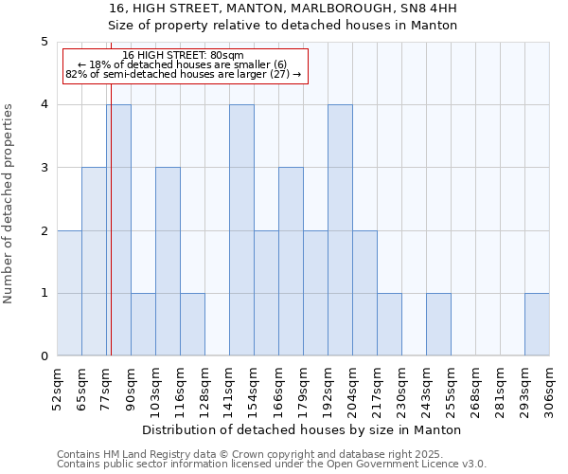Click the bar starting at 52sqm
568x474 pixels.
click(69, 293)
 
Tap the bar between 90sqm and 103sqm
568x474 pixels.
click(143, 324)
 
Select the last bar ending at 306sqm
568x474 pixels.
click(537, 324)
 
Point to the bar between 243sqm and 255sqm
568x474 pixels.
click(438, 324)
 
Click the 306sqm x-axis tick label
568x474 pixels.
click(550, 388)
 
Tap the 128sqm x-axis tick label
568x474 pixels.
click(205, 388)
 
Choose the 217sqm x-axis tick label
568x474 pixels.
click(378, 388)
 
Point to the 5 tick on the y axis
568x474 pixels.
click(44, 42)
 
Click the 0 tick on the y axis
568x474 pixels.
click(44, 356)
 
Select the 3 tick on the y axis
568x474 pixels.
click(44, 168)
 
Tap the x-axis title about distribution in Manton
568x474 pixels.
click(303, 429)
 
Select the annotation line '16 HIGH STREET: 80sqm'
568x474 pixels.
click(184, 55)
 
